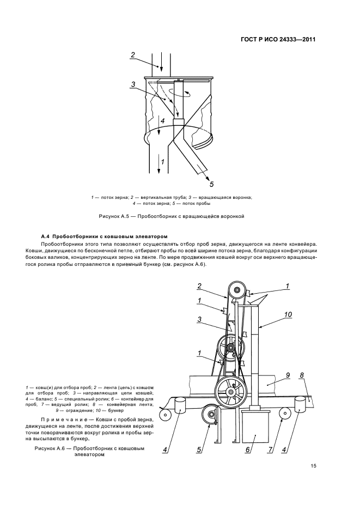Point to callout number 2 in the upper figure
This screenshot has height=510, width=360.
coord(132,54)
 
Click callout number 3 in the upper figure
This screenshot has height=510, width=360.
coord(132,84)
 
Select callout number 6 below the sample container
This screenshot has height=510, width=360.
coord(248,450)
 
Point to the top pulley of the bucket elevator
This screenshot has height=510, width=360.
coord(237,290)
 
